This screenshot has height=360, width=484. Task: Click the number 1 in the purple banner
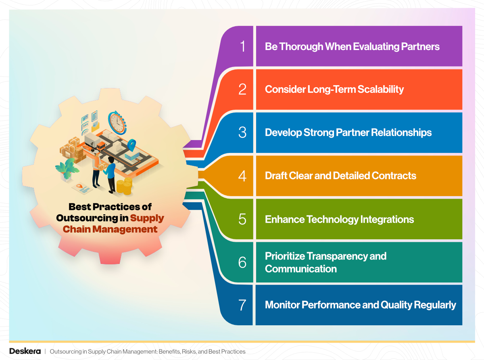pyautogui.click(x=242, y=46)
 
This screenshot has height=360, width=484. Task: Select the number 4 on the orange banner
pyautogui.click(x=242, y=176)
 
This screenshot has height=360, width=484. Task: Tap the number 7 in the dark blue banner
pyautogui.click(x=242, y=305)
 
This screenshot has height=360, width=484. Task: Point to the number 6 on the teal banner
pyautogui.click(x=242, y=262)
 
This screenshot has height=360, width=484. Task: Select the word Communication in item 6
pyautogui.click(x=300, y=269)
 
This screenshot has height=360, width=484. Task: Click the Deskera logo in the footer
pyautogui.click(x=25, y=351)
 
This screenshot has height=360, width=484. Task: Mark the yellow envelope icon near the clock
pyautogui.click(x=96, y=126)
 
